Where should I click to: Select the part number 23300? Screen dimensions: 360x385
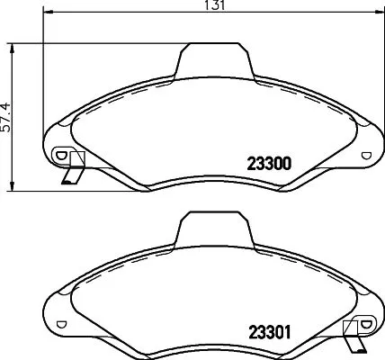click(267, 165)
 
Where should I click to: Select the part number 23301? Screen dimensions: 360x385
click(267, 330)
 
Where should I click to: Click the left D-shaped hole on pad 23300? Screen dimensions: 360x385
click(61, 155)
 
